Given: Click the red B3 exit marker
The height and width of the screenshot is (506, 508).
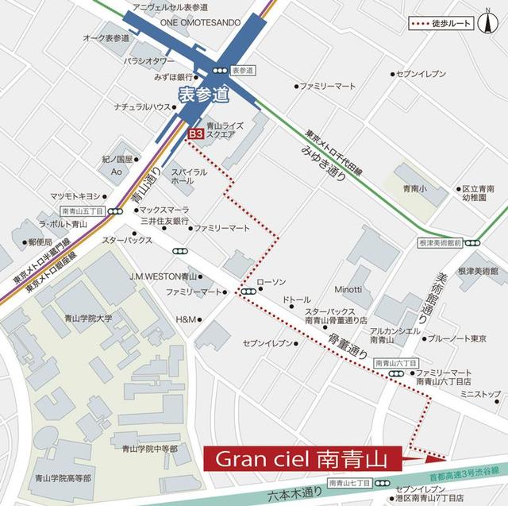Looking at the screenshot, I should click(x=194, y=136).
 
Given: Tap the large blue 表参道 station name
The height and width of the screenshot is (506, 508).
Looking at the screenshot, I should click(x=202, y=95).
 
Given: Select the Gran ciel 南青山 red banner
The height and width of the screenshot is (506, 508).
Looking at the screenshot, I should click(x=304, y=459).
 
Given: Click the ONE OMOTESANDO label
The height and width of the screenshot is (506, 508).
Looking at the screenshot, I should click(x=200, y=22).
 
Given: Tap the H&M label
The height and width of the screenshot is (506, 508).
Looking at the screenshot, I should click(x=185, y=319).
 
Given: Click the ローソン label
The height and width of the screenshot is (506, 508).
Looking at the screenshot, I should click(x=271, y=282).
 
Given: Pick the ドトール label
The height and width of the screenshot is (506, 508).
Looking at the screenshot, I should click(x=297, y=299).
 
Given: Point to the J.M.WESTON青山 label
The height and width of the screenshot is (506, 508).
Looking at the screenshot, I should click(x=164, y=276).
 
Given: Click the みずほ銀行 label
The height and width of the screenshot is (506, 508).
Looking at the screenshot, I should click(x=175, y=77).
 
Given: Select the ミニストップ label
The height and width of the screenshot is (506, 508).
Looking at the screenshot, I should click(x=480, y=394).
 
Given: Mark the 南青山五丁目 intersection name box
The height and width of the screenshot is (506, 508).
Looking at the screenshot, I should click(x=83, y=212).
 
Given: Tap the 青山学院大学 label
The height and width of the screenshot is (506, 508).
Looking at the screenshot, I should click(x=89, y=319).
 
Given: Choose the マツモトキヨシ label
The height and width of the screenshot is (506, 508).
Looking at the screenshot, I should click(x=75, y=196).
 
